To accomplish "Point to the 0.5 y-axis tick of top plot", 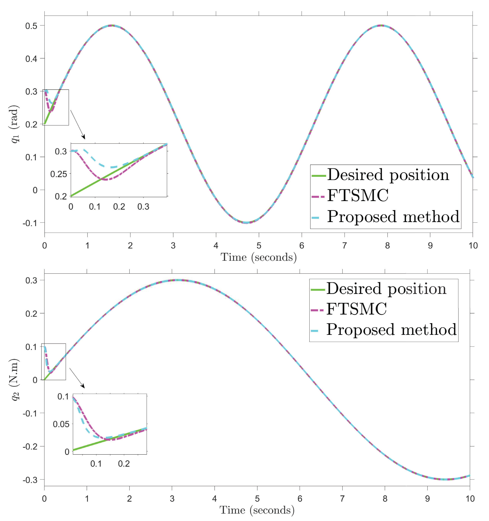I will [31, 26].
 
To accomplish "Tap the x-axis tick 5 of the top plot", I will [259, 246].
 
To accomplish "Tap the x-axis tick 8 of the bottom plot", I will [385, 498].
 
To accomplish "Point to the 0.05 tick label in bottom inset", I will [61, 424].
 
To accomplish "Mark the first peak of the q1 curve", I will [112, 25].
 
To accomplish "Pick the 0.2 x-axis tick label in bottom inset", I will [124, 464].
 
